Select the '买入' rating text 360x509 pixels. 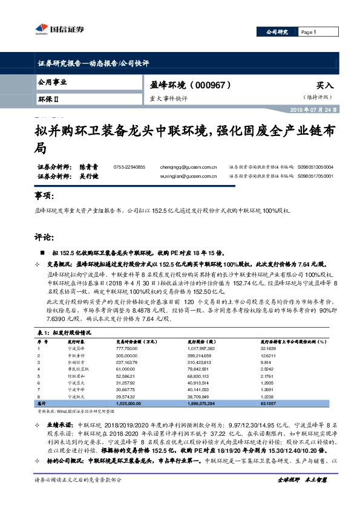tap(324, 86)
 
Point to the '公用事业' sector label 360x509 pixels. tap(52, 82)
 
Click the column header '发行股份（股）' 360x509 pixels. tap(198, 340)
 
